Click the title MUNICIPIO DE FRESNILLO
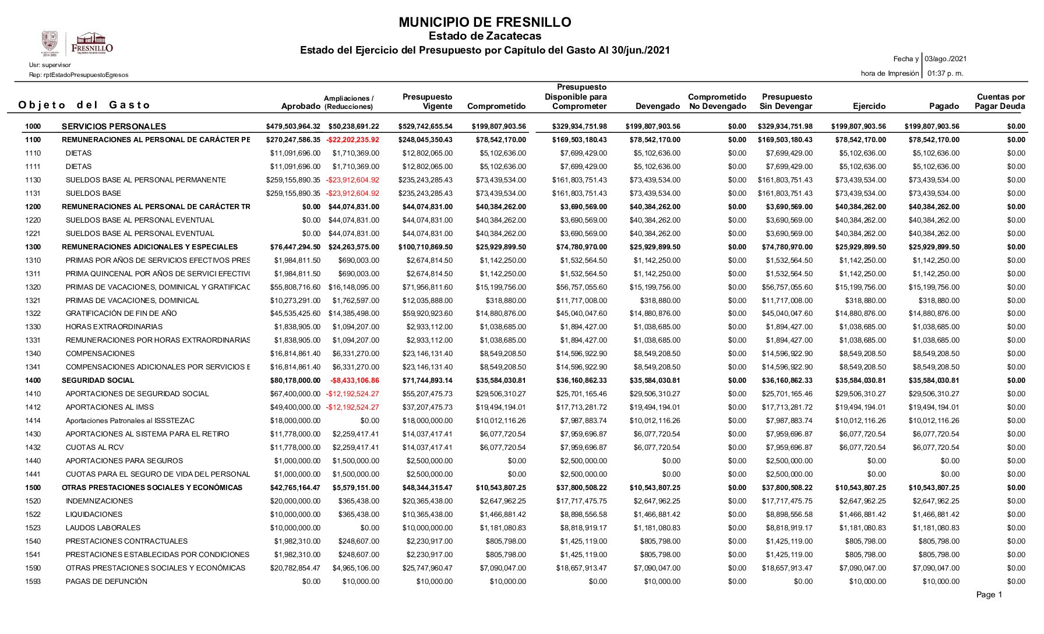(x=485, y=23)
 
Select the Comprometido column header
(x=496, y=107)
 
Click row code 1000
(x=33, y=126)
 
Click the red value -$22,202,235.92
(x=352, y=140)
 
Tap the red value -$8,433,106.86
(x=354, y=381)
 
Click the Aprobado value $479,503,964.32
(x=293, y=126)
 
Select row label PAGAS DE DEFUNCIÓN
(x=106, y=582)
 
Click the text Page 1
(x=989, y=595)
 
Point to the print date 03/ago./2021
(x=946, y=59)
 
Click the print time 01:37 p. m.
(x=945, y=73)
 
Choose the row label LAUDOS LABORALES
(x=103, y=528)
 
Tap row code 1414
(x=33, y=421)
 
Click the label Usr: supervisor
(x=50, y=65)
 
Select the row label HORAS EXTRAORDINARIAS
(x=114, y=327)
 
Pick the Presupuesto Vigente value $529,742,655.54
(x=425, y=126)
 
